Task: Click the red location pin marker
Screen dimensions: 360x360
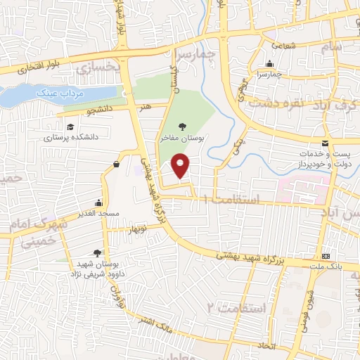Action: click(181, 167)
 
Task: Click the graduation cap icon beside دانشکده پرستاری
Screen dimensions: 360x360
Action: click(70, 127)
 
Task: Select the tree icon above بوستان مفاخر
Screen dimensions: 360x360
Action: click(183, 127)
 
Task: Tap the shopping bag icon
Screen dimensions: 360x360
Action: click(115, 165)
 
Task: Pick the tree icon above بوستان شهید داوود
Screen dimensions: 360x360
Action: click(97, 253)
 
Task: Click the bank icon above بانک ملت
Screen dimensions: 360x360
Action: click(326, 256)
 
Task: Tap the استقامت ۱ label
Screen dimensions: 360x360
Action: click(231, 200)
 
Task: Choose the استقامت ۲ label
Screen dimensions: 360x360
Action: click(239, 307)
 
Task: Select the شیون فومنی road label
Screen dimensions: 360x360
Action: click(309, 302)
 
